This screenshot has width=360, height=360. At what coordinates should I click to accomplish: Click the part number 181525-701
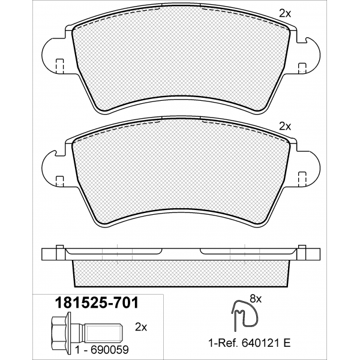[x=96, y=303]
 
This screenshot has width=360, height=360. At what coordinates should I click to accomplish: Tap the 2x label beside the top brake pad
[x=285, y=14]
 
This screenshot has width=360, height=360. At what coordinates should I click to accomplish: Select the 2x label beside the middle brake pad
[x=285, y=126]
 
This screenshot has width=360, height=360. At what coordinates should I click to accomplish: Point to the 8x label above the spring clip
[x=256, y=299]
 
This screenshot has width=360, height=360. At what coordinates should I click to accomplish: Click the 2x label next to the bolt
[x=141, y=328]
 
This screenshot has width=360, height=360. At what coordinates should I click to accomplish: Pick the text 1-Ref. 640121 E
[x=250, y=343]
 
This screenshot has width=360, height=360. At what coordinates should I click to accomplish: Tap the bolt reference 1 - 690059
[x=102, y=350]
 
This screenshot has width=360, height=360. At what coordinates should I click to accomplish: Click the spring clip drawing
[x=244, y=315]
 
